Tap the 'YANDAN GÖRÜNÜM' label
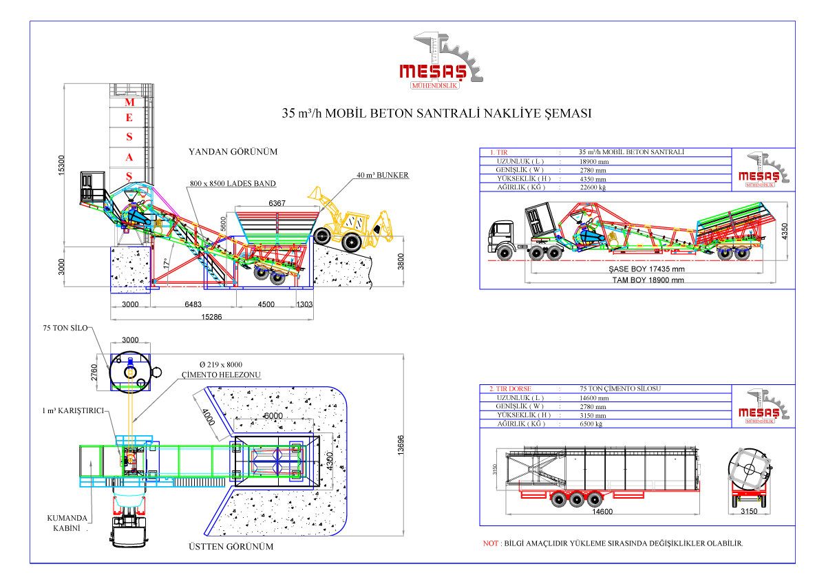pos(233,152)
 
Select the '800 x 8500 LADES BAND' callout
pos(233,184)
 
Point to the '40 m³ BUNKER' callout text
pos(383,175)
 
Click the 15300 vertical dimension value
pos(61,164)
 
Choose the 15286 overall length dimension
pos(211,316)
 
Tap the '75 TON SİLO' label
pos(65,328)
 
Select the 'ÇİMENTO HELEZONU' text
pos(221,375)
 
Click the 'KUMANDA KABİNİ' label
pos(67,523)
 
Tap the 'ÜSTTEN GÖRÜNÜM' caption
pos(231,547)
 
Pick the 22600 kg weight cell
pos(593,187)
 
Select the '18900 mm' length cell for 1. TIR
pos(594,161)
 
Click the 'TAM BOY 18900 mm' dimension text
pos(648,280)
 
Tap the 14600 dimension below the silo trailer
pos(602,512)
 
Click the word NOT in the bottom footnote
pos(491,543)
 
